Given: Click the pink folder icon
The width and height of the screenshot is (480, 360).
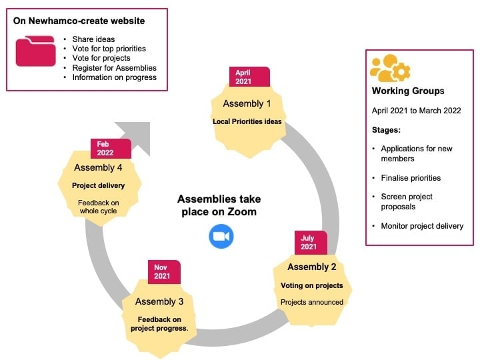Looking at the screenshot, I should tap(35, 51).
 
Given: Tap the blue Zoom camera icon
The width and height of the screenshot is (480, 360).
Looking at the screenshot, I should tap(221, 237).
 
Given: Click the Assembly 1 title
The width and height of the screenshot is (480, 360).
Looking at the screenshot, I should tap(247, 104).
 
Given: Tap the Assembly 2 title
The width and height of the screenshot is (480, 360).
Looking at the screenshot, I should tap(312, 267).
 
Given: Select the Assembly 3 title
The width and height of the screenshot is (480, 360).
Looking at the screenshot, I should tap(159, 301).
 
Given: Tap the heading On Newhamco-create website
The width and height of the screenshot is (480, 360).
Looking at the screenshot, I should tap(79, 21).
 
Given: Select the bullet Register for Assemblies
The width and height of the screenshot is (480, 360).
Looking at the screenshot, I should tap(114, 67).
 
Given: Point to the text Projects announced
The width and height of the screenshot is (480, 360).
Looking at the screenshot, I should tap(312, 302).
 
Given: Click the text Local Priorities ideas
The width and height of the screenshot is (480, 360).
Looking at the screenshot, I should tap(247, 121).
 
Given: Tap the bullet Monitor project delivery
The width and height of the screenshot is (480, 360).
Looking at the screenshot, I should tap(421, 226).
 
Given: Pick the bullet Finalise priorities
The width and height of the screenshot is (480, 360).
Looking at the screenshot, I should tap(411, 178).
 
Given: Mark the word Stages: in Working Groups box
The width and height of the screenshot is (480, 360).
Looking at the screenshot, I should tap(386, 129).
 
